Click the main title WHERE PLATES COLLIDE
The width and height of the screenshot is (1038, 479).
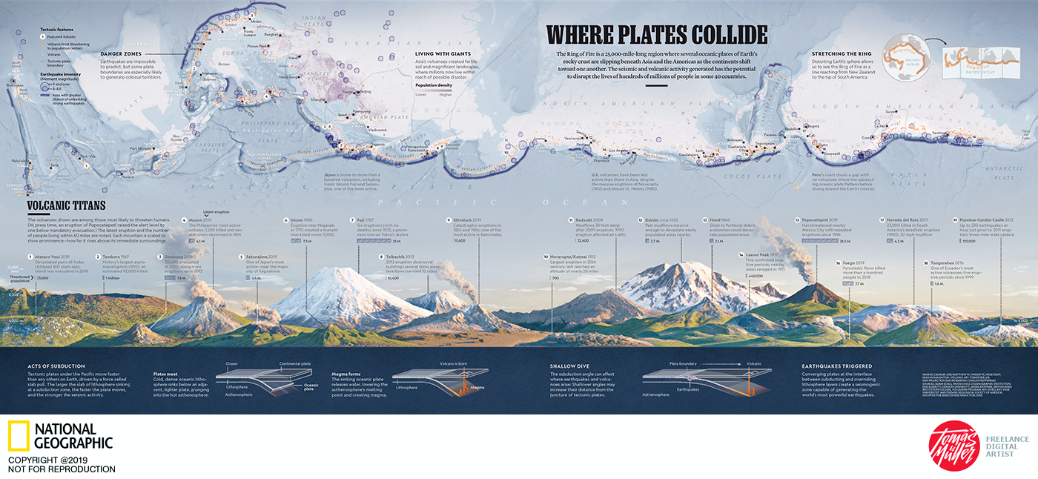click(x=656, y=36)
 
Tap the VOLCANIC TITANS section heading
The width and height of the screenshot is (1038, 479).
click(x=67, y=207)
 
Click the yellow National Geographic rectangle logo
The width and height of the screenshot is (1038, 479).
click(x=19, y=436)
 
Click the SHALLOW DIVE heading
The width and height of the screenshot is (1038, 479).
click(x=569, y=366)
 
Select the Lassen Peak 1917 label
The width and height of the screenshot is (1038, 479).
click(x=766, y=254)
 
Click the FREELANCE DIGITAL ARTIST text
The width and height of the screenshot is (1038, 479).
click(x=1005, y=445)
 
